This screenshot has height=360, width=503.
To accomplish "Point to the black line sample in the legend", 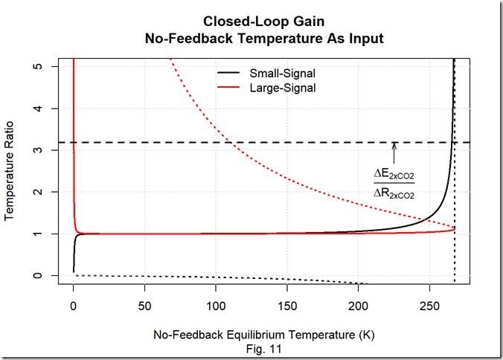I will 229,74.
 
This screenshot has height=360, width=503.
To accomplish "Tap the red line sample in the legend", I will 229,88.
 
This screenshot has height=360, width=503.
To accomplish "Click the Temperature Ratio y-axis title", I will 11,171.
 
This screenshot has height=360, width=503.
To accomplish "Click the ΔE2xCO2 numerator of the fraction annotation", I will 394,176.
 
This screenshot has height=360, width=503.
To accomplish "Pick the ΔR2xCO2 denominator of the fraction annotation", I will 394,193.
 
